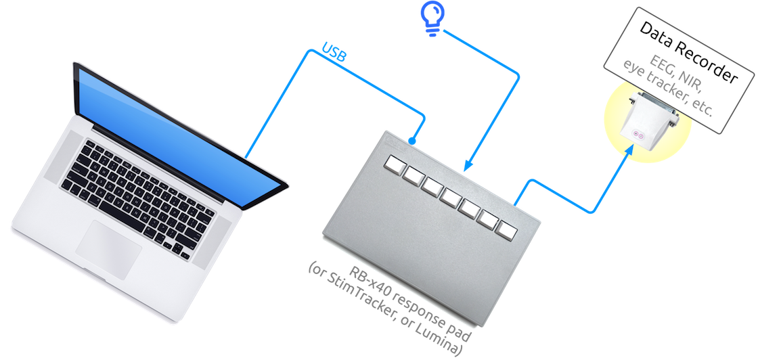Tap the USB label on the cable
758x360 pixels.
click(x=334, y=54)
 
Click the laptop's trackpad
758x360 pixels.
click(x=108, y=248)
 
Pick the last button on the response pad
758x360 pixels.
click(x=506, y=229)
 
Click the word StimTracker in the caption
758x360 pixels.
click(x=365, y=298)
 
